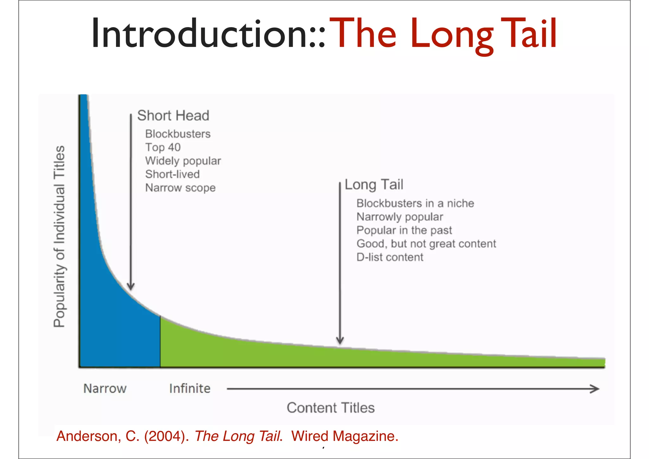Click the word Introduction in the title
pyautogui.click(x=203, y=33)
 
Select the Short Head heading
pyautogui.click(x=173, y=115)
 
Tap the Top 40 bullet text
pyautogui.click(x=163, y=147)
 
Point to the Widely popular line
pyautogui.click(x=183, y=161)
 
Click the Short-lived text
pyautogui.click(x=172, y=174)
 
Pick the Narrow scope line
pyautogui.click(x=180, y=188)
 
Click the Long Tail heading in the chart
pyautogui.click(x=374, y=185)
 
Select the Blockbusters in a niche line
pyautogui.click(x=415, y=203)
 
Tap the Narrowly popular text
pyautogui.click(x=400, y=217)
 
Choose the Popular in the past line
pyautogui.click(x=404, y=230)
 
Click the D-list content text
pyautogui.click(x=390, y=257)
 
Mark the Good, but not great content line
pyautogui.click(x=426, y=244)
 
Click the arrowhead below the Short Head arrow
pyautogui.click(x=131, y=286)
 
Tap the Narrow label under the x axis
pyautogui.click(x=105, y=389)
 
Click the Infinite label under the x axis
pyautogui.click(x=190, y=389)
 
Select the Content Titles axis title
pyautogui.click(x=331, y=408)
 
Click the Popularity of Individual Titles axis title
pyautogui.click(x=60, y=236)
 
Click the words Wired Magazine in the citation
pyautogui.click(x=344, y=436)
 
